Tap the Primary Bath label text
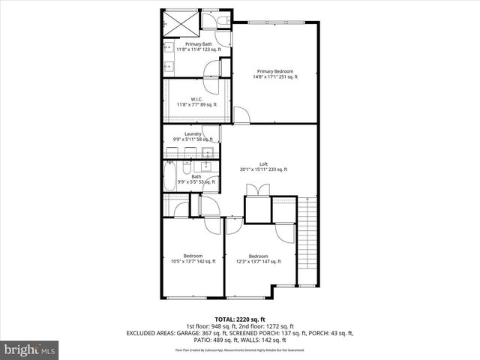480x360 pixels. pos(189,46)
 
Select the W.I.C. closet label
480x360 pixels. pos(196,102)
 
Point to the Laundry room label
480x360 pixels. pos(193,136)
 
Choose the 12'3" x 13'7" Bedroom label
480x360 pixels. pos(258,259)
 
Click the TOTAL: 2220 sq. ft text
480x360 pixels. pos(239,319)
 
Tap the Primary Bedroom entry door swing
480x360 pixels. pos(242,116)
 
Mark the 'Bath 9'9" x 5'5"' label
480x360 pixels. pos(196,179)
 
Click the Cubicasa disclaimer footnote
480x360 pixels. pos(239,350)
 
